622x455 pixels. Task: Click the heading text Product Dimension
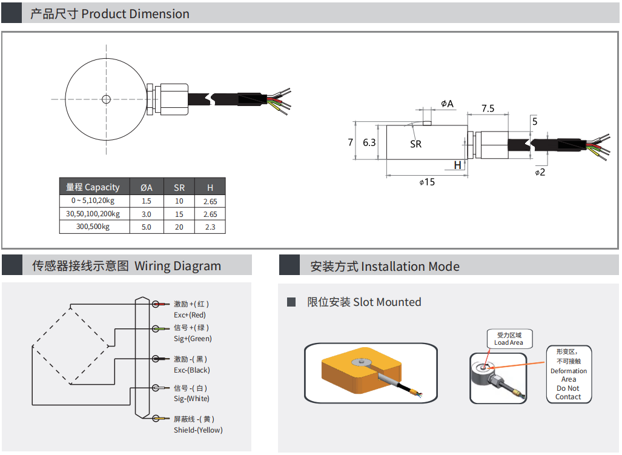(135, 14)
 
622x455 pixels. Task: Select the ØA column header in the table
(146, 188)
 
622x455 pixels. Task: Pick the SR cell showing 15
(179, 214)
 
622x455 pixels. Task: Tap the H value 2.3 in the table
(210, 228)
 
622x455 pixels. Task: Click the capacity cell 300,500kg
(93, 227)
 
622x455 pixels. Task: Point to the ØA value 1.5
(146, 201)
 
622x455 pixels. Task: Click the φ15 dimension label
(427, 182)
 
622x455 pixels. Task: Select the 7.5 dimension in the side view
(488, 109)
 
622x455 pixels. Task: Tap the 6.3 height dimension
(369, 143)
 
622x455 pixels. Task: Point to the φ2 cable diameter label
(540, 173)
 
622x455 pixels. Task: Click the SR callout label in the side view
(415, 144)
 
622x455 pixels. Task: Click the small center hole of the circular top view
(107, 99)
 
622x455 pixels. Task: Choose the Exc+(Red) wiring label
(190, 315)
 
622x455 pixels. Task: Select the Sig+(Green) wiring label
(193, 339)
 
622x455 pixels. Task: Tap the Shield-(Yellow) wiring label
(198, 430)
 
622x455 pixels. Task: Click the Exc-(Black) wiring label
(192, 370)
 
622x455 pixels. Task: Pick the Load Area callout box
(509, 339)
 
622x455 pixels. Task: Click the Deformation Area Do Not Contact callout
(568, 376)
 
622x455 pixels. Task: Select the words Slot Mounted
(387, 302)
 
